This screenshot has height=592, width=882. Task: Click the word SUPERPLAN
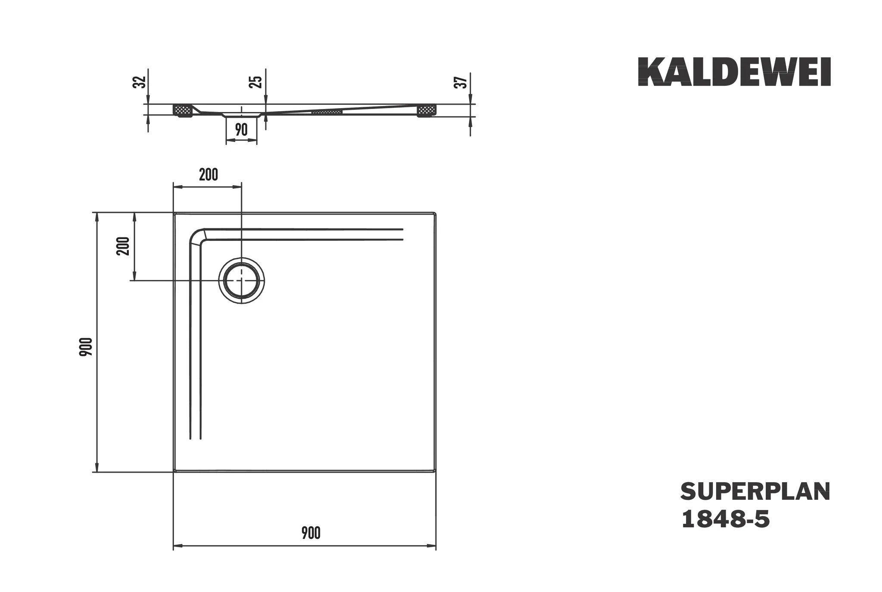click(x=755, y=492)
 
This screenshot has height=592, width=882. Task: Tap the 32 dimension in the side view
click(x=138, y=82)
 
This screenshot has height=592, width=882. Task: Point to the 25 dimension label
click(x=256, y=82)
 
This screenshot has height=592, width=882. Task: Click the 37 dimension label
click(x=461, y=82)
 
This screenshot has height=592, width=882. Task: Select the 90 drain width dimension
click(x=242, y=130)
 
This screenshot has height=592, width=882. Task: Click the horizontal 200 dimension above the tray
click(x=208, y=175)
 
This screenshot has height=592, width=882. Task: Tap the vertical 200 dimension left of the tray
click(x=124, y=246)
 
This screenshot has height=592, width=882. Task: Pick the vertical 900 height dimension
click(x=86, y=347)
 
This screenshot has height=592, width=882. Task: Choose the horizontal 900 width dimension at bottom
click(x=311, y=533)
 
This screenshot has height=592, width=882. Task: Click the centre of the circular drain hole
click(x=242, y=280)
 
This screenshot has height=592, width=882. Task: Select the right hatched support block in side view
click(x=427, y=110)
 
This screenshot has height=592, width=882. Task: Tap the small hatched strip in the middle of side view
click(x=327, y=112)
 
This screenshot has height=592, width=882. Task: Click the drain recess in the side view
click(x=242, y=115)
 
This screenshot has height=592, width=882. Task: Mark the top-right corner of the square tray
click(x=435, y=214)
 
